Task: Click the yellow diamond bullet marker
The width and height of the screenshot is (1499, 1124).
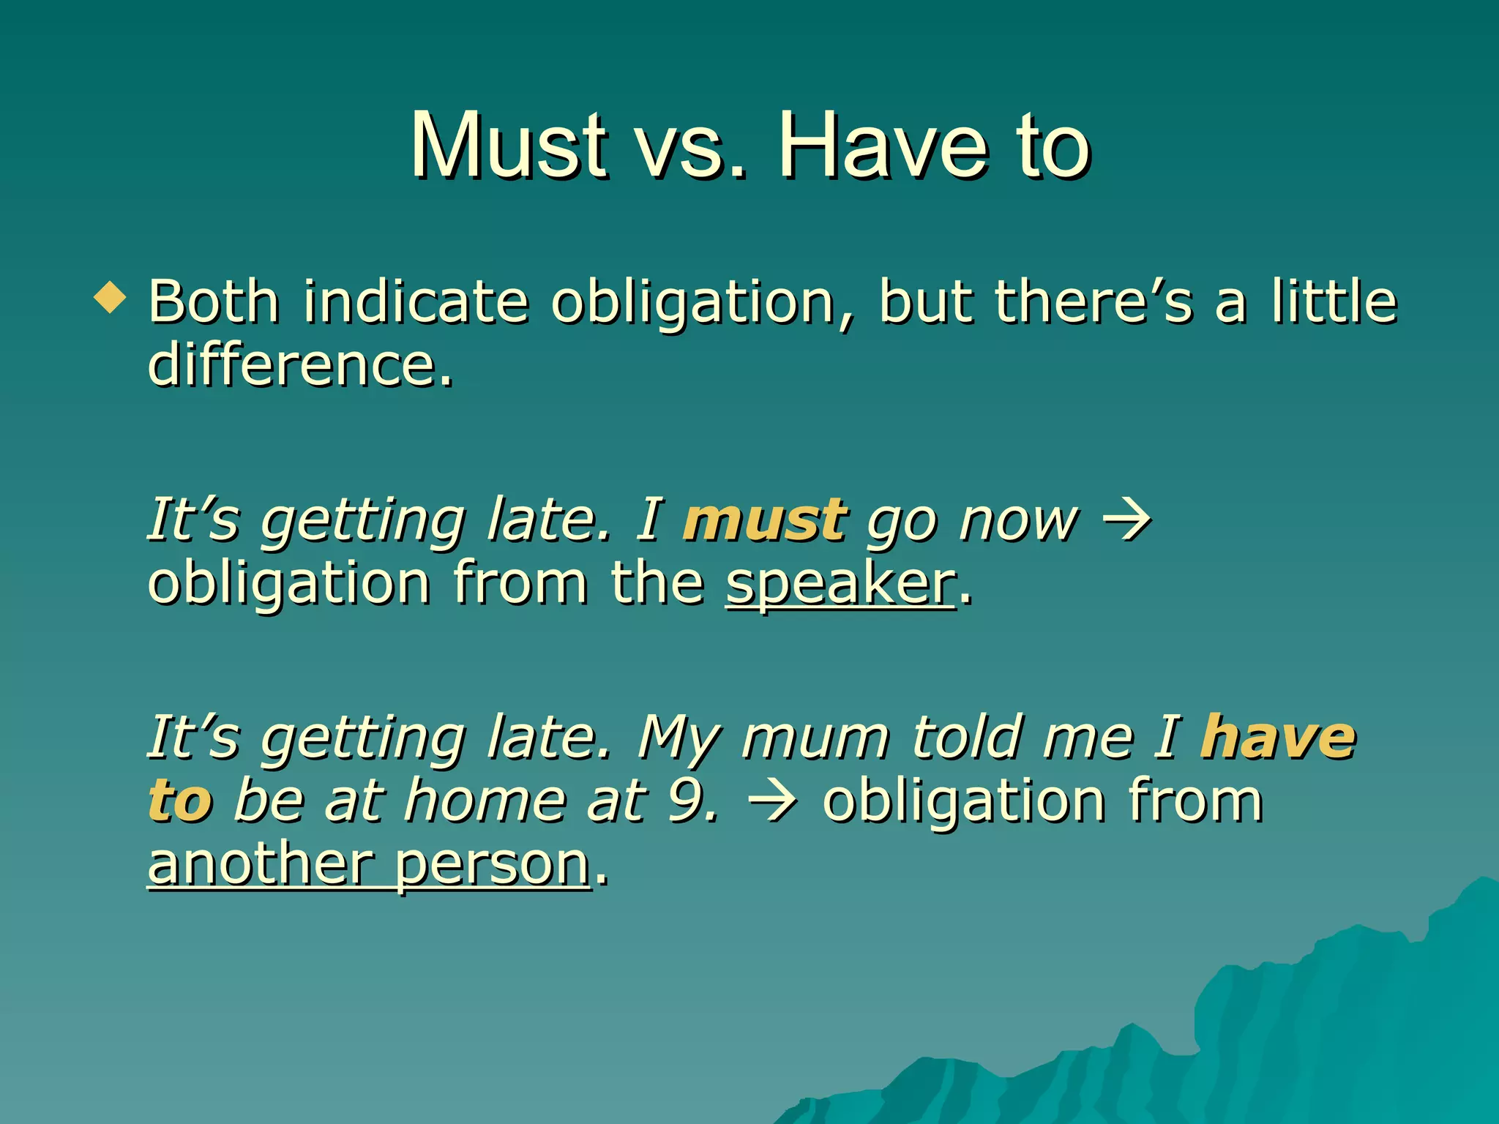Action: tap(111, 299)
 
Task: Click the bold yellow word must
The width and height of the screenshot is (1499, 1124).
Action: tap(765, 520)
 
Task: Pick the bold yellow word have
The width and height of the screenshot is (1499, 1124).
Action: tap(1278, 738)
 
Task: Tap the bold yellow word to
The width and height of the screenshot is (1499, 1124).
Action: tap(180, 801)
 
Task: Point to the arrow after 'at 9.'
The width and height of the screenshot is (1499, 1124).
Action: tap(774, 802)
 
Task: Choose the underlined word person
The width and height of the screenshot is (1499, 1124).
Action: tap(492, 866)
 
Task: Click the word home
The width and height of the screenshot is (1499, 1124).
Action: tap(485, 801)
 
